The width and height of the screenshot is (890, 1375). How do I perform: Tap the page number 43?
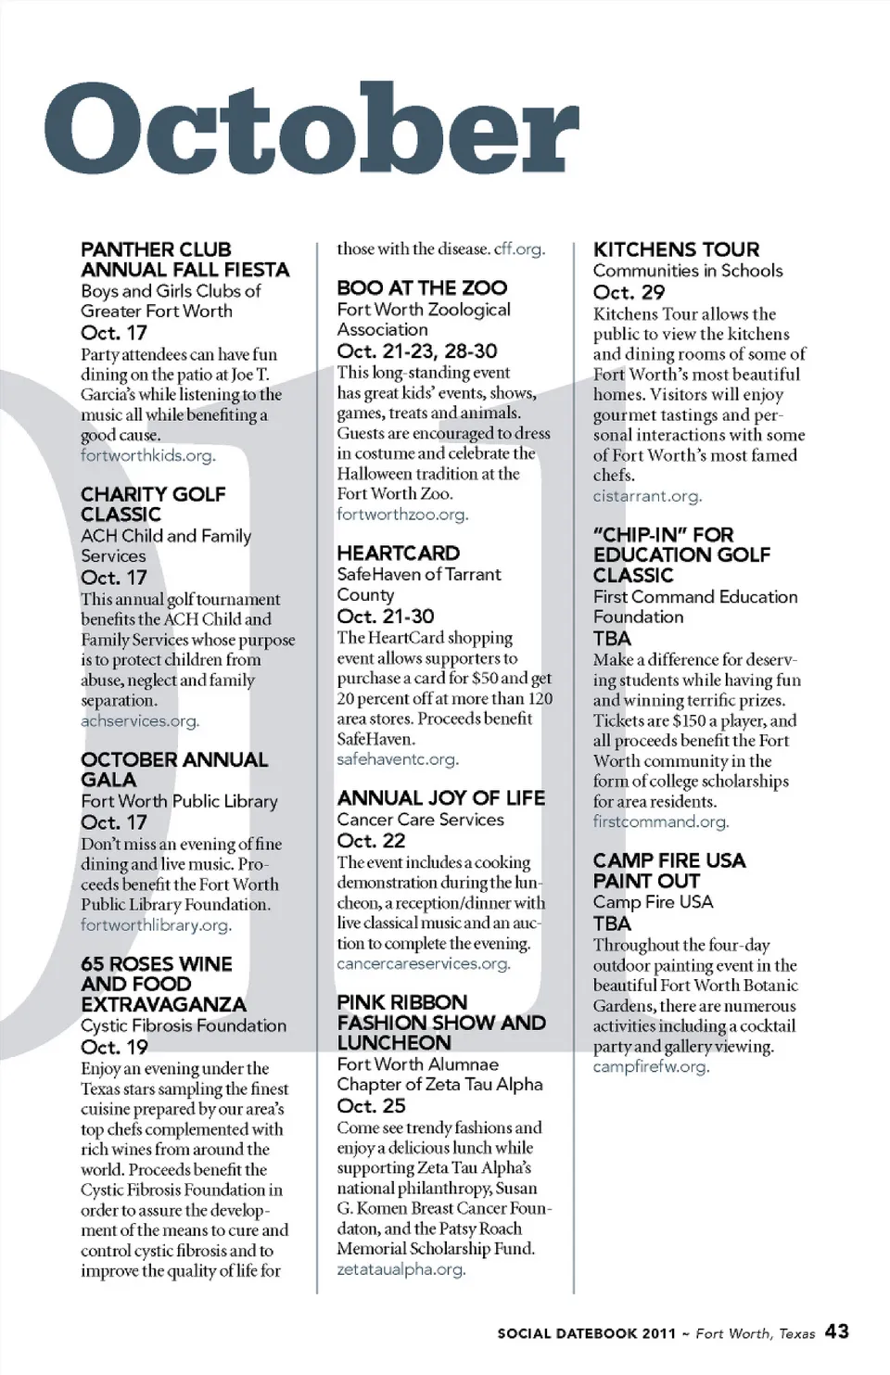[x=836, y=1331]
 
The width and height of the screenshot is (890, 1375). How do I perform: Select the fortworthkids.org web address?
[x=147, y=455]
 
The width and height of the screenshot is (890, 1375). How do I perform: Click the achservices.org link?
[x=140, y=720]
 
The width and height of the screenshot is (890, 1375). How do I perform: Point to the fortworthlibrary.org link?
[x=156, y=924]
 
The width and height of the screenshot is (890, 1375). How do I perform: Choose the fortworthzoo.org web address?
[x=402, y=514]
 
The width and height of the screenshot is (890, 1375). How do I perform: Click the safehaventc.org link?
[x=398, y=758]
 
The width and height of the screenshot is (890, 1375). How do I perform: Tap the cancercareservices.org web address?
[x=424, y=963]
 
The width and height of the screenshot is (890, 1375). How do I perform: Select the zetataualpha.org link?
[x=400, y=1268]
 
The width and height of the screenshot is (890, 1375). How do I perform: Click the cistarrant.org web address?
[x=647, y=495]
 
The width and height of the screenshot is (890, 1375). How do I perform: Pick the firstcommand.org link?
[x=660, y=821]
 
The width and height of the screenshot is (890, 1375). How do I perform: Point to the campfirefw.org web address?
[x=651, y=1066]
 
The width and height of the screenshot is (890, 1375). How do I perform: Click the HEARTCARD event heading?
[x=399, y=553]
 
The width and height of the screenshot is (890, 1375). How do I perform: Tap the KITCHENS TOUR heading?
[x=676, y=249]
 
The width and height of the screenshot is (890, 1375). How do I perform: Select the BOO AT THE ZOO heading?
[x=422, y=287]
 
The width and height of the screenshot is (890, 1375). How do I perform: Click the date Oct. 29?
[x=629, y=292]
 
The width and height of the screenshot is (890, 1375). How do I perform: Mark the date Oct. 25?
[x=371, y=1105]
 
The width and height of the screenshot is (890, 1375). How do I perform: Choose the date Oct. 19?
[x=114, y=1047]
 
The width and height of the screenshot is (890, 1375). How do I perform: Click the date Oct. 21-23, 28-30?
[x=417, y=350]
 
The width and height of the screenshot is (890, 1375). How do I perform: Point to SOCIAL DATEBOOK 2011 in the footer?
[x=586, y=1333]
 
